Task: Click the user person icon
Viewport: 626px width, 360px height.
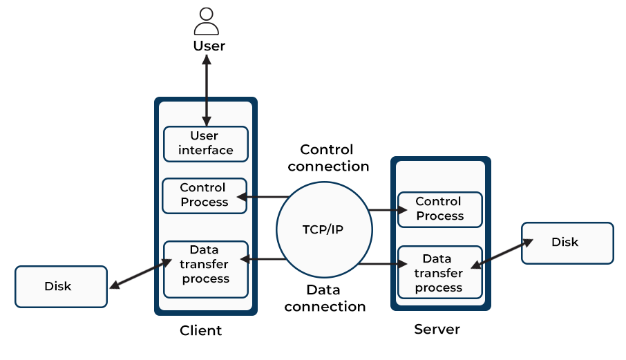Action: pyautogui.click(x=206, y=21)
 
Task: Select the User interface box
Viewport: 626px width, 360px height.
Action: pyautogui.click(x=206, y=143)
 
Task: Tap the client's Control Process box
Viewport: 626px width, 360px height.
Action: pyautogui.click(x=204, y=195)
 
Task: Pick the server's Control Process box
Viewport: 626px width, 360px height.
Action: pyautogui.click(x=439, y=209)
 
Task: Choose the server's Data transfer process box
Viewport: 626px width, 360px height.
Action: pyautogui.click(x=439, y=273)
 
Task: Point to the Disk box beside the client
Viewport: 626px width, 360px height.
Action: pyautogui.click(x=61, y=286)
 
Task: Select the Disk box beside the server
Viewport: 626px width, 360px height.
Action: pyautogui.click(x=567, y=243)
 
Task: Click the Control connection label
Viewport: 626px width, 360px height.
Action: pyautogui.click(x=328, y=158)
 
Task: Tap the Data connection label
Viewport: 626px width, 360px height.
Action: pyautogui.click(x=325, y=298)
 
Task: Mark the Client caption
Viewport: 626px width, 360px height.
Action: pyautogui.click(x=200, y=330)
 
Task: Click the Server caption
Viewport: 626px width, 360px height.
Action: pyautogui.click(x=437, y=329)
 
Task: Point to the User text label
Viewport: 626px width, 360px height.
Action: pyautogui.click(x=209, y=46)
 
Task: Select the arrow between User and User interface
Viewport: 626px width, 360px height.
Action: pyautogui.click(x=206, y=90)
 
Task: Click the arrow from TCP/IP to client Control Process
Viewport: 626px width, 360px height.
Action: pyautogui.click(x=266, y=198)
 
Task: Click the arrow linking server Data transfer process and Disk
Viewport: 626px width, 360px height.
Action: pyautogui.click(x=502, y=252)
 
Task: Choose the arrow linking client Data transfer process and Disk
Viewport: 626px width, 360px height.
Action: pyautogui.click(x=140, y=274)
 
